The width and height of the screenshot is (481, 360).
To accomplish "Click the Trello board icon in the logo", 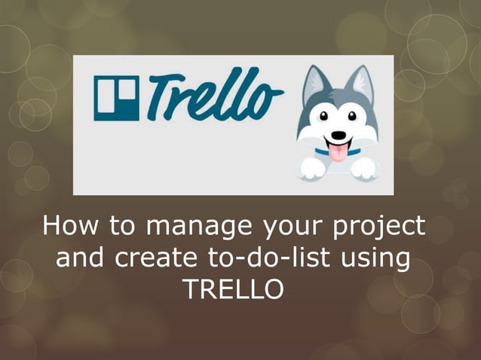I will [x=116, y=98].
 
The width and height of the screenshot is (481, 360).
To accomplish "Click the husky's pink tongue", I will [x=337, y=153].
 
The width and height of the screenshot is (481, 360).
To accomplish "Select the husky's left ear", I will [x=314, y=84].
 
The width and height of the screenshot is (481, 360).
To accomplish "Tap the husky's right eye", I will [x=352, y=117].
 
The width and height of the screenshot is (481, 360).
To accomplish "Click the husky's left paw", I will [x=311, y=167].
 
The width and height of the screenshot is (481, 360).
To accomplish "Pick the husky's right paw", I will [x=364, y=167].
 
